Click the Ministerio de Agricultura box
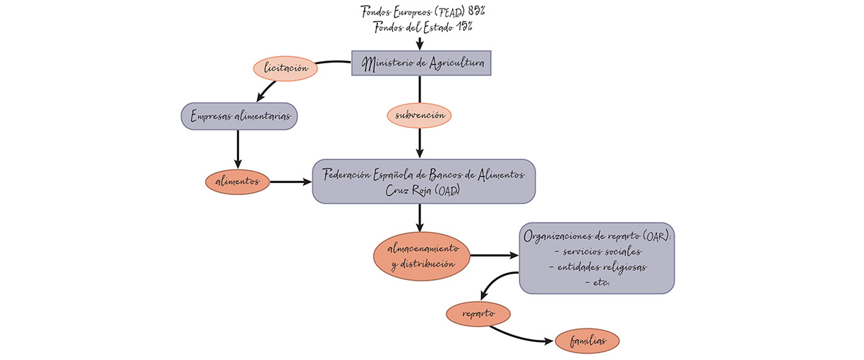pyautogui.click(x=421, y=63)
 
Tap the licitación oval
pyautogui.click(x=285, y=68)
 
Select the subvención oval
pyautogui.click(x=419, y=115)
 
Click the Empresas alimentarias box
pyautogui.click(x=239, y=115)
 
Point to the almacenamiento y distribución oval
pyautogui.click(x=421, y=256)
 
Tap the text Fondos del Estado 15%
pyautogui.click(x=423, y=27)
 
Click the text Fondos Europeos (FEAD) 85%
pyautogui.click(x=423, y=11)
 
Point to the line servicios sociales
pyautogui.click(x=598, y=251)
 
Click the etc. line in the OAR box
pyautogui.click(x=598, y=282)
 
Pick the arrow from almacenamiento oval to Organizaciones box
pyautogui.click(x=494, y=256)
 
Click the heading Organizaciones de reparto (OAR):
pyautogui.click(x=598, y=235)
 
